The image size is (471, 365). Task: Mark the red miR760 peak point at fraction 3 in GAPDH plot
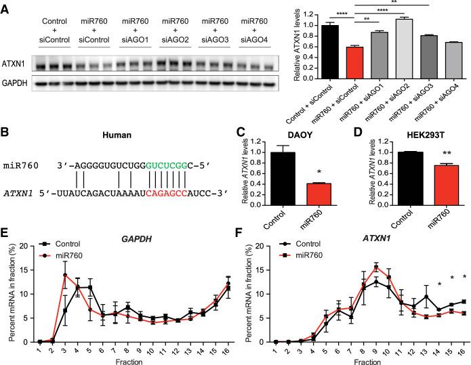65,275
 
